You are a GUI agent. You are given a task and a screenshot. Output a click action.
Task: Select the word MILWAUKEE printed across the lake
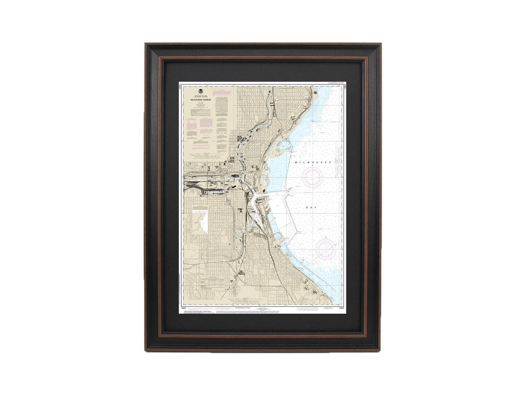point(313,161)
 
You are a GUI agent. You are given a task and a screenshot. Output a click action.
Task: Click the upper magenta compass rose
point(312,178)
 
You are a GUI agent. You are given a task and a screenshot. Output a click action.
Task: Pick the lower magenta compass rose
point(325,249)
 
